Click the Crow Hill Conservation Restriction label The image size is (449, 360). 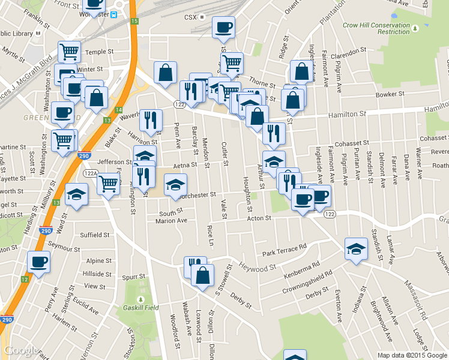click(385, 29)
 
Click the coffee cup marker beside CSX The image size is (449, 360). click(223, 28)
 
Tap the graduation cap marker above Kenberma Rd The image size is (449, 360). click(356, 249)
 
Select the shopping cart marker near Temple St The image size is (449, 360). click(70, 52)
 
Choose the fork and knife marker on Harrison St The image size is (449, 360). click(151, 120)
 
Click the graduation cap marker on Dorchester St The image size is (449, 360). click(175, 185)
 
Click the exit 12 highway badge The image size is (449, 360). click(24, 279)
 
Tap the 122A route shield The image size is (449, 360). click(90, 173)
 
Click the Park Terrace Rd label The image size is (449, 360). click(284, 247)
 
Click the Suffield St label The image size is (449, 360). click(96, 235)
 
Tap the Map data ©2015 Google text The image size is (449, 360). click(412, 355)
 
